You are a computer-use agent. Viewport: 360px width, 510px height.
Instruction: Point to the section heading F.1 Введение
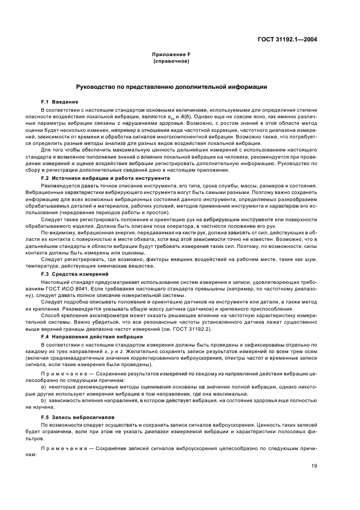click(59, 102)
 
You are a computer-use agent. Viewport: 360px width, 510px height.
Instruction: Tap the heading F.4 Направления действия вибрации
click(91, 337)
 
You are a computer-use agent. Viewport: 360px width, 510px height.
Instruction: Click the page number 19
click(315, 466)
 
